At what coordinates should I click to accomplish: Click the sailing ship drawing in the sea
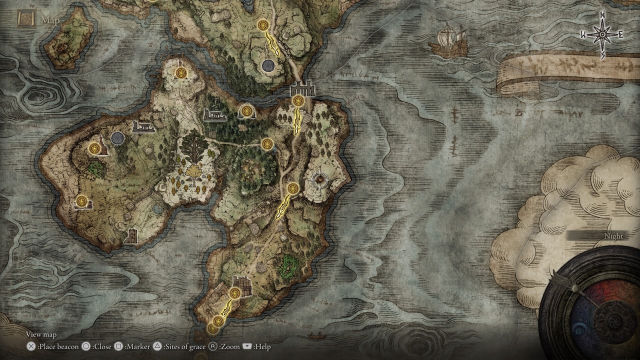pyautogui.click(x=448, y=41)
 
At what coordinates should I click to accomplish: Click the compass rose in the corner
pyautogui.click(x=602, y=34)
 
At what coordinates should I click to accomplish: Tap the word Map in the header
pyautogui.click(x=50, y=20)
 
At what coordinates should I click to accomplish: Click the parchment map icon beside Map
pyautogui.click(x=25, y=19)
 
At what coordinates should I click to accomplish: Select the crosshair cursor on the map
pyautogui.click(x=318, y=179)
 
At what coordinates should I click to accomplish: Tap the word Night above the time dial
pyautogui.click(x=613, y=236)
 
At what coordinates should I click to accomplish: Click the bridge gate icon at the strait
pyautogui.click(x=302, y=88)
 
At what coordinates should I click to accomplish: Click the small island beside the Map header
pyautogui.click(x=69, y=39)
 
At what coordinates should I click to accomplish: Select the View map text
pyautogui.click(x=41, y=334)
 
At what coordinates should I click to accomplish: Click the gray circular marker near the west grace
pyautogui.click(x=117, y=138)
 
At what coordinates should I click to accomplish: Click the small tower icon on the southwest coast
pyautogui.click(x=131, y=235)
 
